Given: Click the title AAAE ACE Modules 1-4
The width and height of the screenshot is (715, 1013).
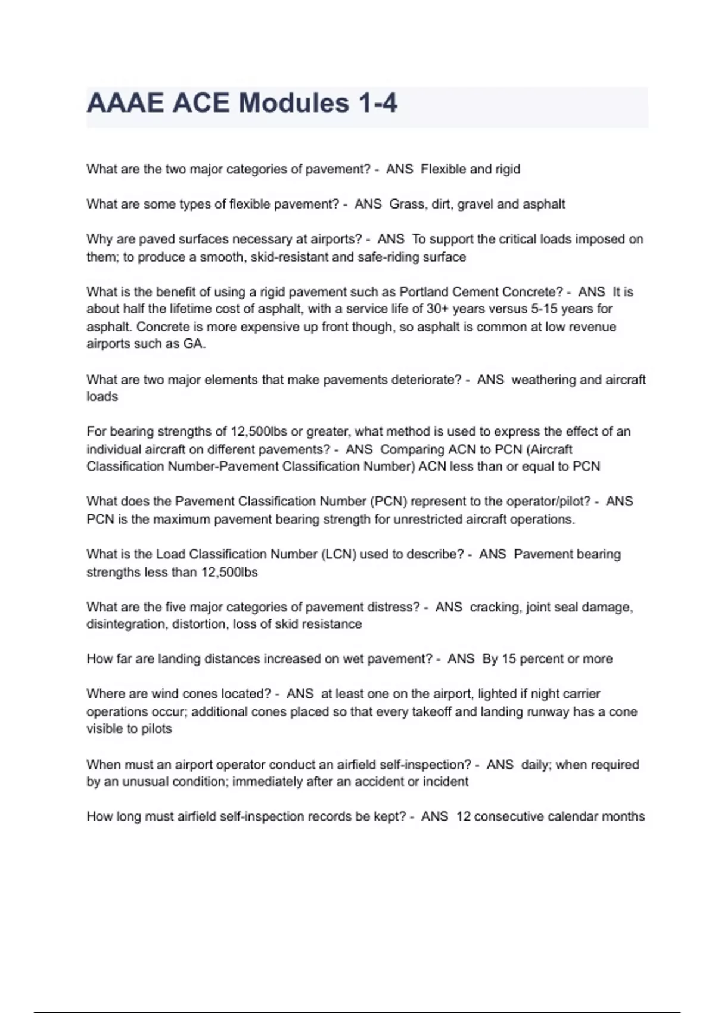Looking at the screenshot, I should click(x=242, y=103).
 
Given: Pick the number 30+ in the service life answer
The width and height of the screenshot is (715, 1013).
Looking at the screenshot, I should click(x=437, y=309).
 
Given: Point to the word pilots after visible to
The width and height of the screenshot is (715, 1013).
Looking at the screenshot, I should click(x=156, y=729).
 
